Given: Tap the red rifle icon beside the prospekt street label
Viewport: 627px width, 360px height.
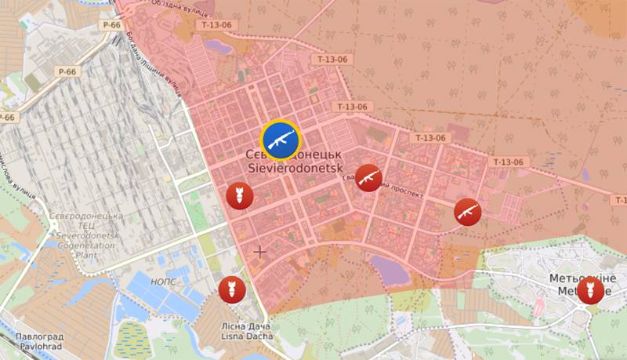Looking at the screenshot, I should (368, 179).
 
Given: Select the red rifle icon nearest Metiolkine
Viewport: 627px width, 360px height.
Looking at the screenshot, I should (467, 212).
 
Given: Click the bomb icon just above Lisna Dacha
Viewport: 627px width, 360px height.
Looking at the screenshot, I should (232, 289).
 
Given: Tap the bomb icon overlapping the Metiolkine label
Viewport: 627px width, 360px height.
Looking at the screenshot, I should (590, 291).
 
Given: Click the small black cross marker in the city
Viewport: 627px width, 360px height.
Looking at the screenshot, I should (259, 252).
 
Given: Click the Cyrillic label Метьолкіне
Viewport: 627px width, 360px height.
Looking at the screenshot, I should (582, 279).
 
